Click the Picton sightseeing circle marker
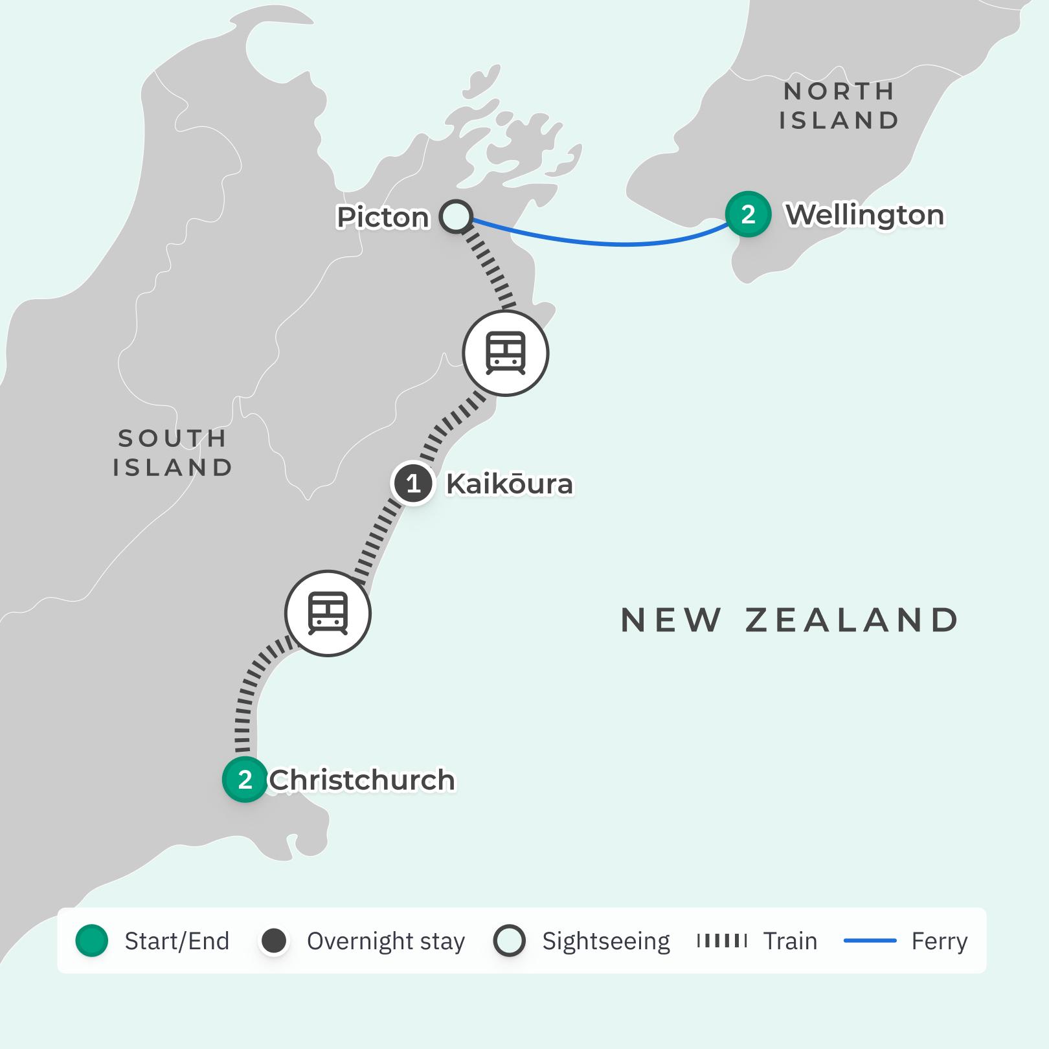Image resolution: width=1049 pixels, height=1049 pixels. click(x=456, y=216)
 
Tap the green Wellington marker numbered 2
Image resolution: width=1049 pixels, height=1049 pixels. click(x=748, y=214)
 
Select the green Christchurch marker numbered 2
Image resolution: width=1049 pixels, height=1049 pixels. click(x=245, y=780)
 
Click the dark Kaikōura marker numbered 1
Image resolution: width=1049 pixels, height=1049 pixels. click(x=412, y=483)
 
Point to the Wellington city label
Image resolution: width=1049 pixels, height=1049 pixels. click(x=864, y=215)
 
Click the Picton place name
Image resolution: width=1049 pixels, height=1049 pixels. click(x=383, y=218)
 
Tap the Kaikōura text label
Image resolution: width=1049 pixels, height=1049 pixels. click(x=510, y=484)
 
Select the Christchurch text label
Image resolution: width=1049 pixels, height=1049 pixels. click(x=361, y=780)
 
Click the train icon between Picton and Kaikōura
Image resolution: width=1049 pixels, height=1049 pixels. click(x=506, y=353)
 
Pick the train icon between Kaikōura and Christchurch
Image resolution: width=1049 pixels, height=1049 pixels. click(x=328, y=613)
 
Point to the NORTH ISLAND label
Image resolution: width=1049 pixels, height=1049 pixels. click(x=839, y=106)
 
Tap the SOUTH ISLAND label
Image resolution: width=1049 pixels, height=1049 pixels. click(x=173, y=453)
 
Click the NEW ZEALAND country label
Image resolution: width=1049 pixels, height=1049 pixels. click(x=789, y=620)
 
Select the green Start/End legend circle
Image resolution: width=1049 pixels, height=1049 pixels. click(x=92, y=941)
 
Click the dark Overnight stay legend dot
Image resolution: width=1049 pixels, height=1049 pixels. click(x=274, y=941)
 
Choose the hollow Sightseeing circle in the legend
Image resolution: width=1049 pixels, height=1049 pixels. click(x=509, y=941)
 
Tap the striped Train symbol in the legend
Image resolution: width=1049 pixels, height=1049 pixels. click(x=721, y=941)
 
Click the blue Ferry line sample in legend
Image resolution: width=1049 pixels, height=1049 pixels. click(x=870, y=941)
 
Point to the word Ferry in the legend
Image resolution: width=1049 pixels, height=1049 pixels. click(x=939, y=941)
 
